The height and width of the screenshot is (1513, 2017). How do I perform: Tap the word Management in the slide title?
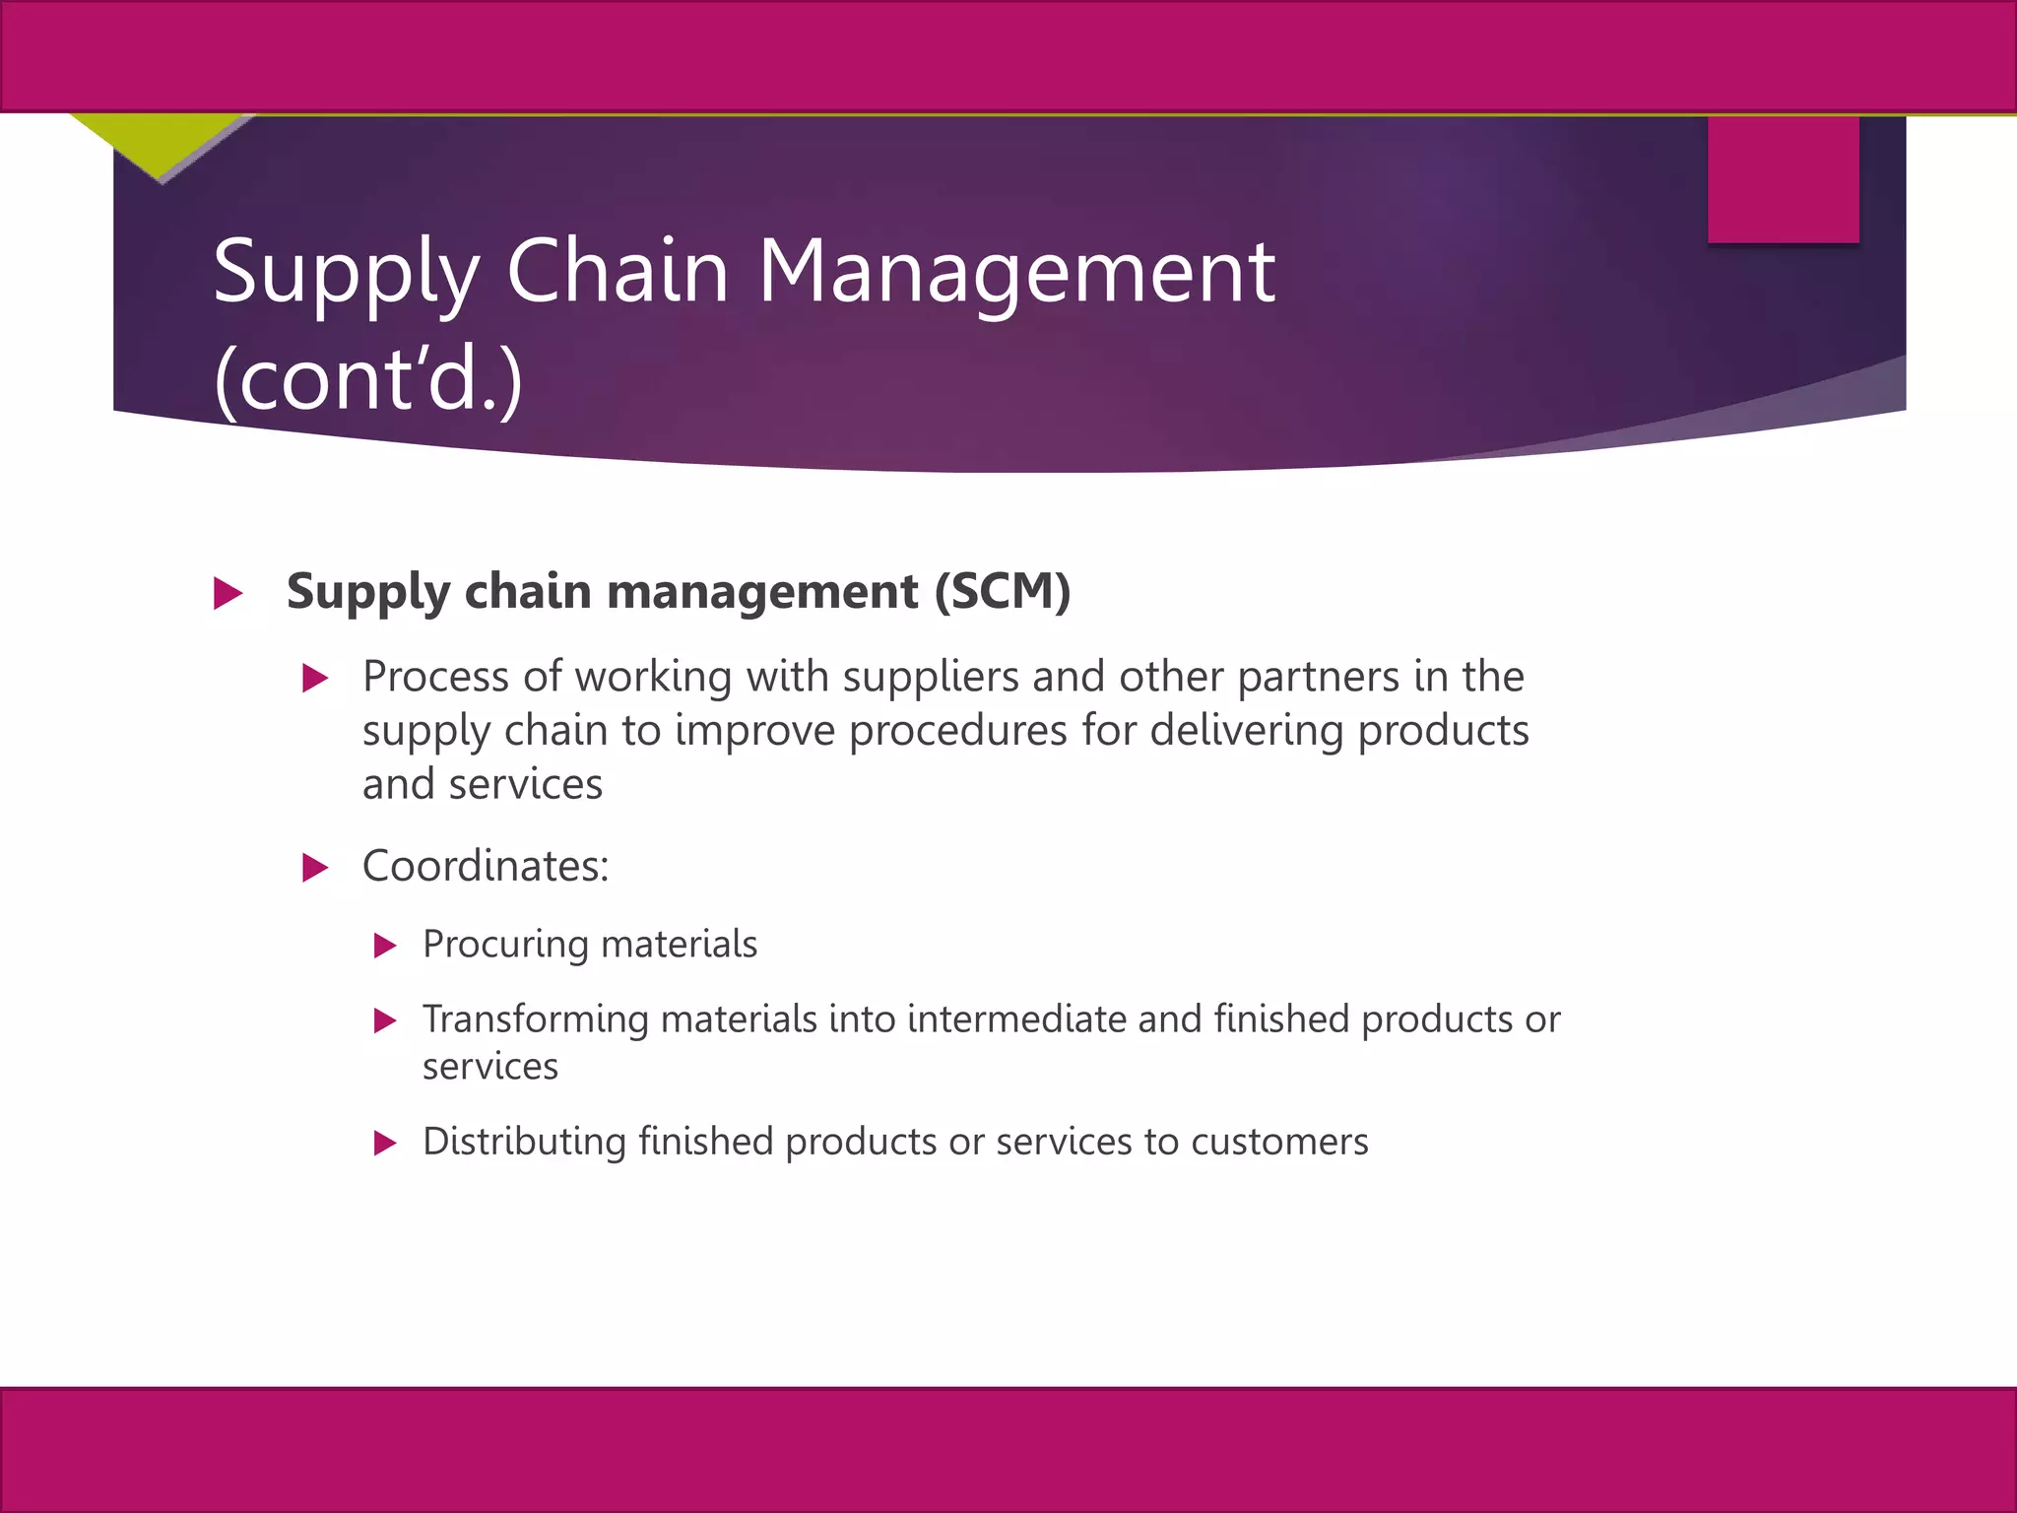(x=1015, y=274)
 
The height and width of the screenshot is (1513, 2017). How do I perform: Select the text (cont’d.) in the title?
(x=368, y=380)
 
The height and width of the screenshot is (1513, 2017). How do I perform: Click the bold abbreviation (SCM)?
(x=1002, y=591)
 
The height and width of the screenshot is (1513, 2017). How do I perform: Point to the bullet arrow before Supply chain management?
(x=228, y=594)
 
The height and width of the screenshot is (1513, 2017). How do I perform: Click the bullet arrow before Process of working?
(x=315, y=679)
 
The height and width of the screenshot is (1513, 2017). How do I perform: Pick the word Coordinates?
(x=486, y=867)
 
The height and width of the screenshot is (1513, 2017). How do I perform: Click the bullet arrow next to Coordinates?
(x=315, y=868)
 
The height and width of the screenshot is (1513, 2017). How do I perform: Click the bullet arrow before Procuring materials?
(x=385, y=947)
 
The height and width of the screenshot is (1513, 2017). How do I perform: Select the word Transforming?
(x=536, y=1020)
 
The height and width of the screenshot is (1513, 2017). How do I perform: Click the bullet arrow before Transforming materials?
(x=385, y=1021)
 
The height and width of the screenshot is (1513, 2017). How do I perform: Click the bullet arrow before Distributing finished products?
(x=385, y=1144)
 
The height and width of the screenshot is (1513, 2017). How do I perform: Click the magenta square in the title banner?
(x=1783, y=179)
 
